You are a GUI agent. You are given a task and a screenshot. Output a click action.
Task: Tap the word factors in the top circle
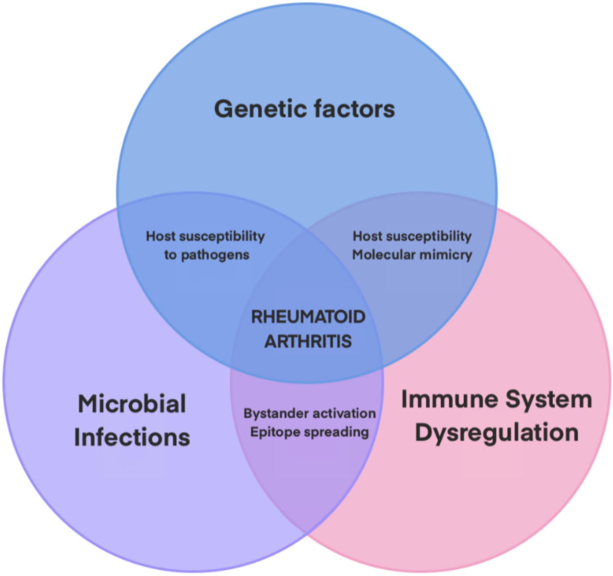[x=354, y=109]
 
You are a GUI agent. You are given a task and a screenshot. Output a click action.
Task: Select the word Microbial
[x=132, y=404]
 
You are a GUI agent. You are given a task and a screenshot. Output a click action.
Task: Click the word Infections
[x=132, y=437]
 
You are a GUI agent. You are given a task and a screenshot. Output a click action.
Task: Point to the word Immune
[x=450, y=399]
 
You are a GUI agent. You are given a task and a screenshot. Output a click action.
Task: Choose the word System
[x=549, y=400]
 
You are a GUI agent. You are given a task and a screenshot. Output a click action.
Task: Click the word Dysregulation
[x=496, y=433]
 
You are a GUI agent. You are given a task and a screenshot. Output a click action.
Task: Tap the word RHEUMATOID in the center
[x=308, y=317]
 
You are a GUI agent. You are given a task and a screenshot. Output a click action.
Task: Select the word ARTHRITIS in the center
[x=308, y=341]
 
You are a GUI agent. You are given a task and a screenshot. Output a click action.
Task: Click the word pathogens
[x=215, y=255]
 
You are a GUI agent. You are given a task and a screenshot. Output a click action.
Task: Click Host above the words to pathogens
[x=160, y=236]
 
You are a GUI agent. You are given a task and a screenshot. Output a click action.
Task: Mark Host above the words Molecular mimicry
[x=367, y=236]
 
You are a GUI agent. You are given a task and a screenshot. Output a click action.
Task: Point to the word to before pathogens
[x=171, y=255]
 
